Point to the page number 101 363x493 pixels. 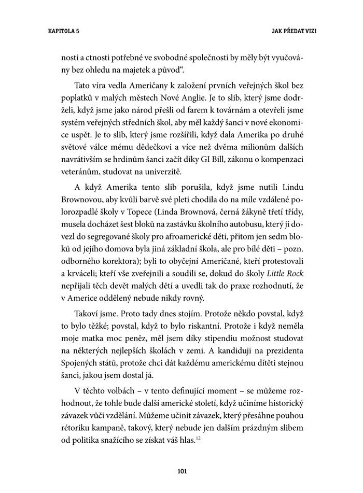click(181, 471)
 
